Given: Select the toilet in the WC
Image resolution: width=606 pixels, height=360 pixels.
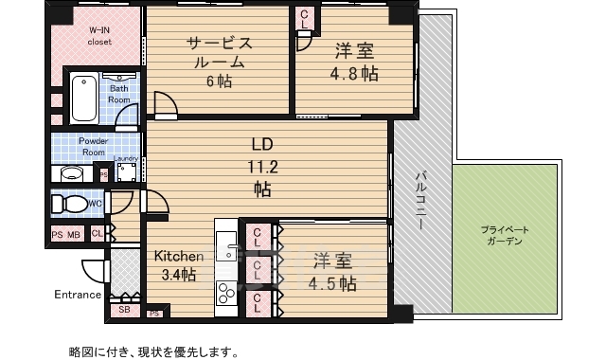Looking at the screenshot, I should pyautogui.click(x=68, y=204).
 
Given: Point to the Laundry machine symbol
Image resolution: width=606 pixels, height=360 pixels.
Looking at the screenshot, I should pyautogui.click(x=126, y=171).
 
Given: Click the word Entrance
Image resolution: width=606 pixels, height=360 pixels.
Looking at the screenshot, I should pyautogui.click(x=77, y=294).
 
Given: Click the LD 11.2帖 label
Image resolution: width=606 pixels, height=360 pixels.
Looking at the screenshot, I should pyautogui.click(x=262, y=167).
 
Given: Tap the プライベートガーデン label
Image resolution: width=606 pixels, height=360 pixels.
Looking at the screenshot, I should pyautogui.click(x=503, y=236).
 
